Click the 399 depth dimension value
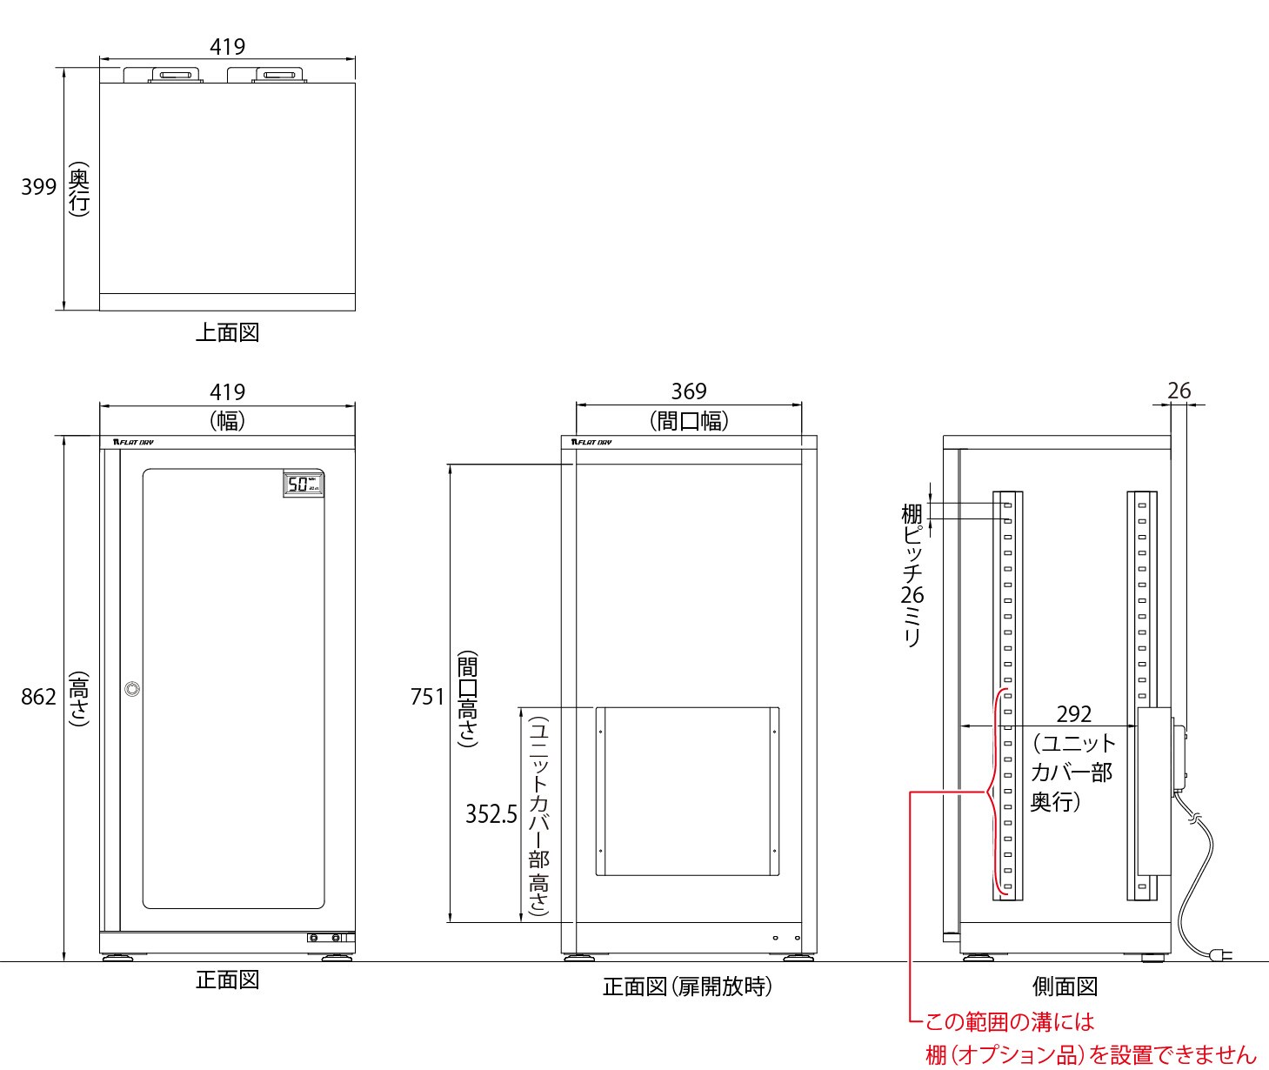point(38,187)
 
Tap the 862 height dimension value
point(38,697)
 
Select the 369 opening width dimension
point(689,391)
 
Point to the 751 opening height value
point(427,697)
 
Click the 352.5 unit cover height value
point(491,814)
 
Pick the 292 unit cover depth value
point(1073,714)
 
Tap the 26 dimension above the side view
point(1179,391)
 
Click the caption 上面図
point(227,332)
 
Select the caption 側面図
point(1065,986)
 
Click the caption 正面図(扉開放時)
point(687,986)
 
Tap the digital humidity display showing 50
point(304,484)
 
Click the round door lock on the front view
point(132,689)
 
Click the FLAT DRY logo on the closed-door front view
point(133,442)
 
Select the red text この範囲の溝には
point(1010,1022)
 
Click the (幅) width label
point(227,421)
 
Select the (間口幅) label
point(689,421)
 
